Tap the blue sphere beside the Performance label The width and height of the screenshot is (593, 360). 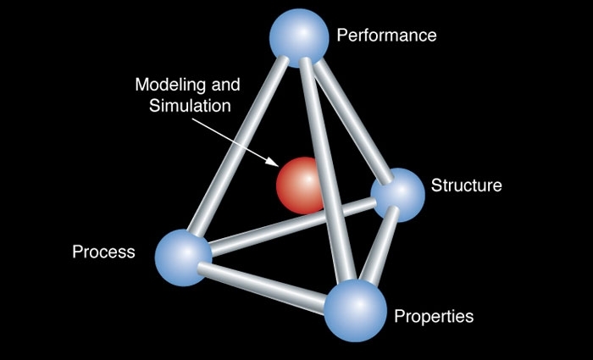(298, 36)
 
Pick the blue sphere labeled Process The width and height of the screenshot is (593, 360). (184, 256)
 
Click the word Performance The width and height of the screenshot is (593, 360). (386, 36)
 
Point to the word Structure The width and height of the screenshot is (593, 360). (467, 186)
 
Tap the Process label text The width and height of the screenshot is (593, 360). (103, 252)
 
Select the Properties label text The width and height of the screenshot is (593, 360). (434, 317)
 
